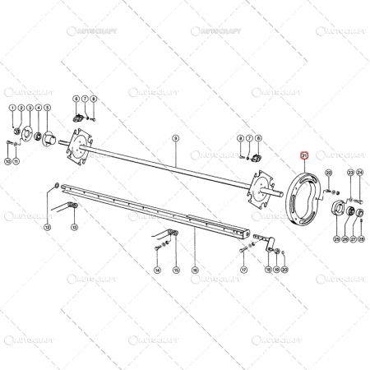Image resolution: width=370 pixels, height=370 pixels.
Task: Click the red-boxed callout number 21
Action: coord(303,154)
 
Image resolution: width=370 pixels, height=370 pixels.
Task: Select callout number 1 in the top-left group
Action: coord(12,108)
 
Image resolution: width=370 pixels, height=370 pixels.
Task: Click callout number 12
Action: coord(47,227)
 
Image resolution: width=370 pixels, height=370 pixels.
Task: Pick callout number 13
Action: coord(73,227)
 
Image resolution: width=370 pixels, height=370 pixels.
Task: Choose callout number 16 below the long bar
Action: coord(195,270)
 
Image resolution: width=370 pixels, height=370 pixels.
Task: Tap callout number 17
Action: coord(244,270)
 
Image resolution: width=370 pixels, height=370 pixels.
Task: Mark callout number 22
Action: coord(328,172)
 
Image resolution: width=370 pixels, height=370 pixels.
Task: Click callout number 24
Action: coord(359,172)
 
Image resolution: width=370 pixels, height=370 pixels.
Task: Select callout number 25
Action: coord(336,239)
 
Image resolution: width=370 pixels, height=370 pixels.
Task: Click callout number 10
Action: coord(8,162)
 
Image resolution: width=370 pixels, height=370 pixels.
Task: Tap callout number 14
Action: coord(157,270)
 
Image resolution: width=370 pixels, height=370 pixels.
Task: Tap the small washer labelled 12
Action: coord(55,182)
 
